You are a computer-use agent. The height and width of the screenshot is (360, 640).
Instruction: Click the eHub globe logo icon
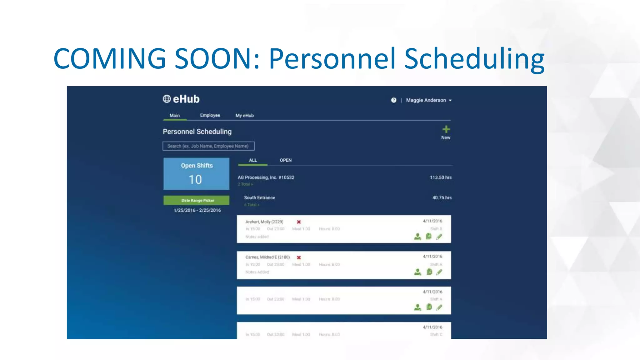[167, 99]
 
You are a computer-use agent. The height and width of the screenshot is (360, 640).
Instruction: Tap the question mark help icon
[394, 100]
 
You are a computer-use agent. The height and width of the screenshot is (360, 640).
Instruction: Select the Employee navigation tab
[210, 115]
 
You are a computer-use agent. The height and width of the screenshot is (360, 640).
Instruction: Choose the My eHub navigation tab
[244, 116]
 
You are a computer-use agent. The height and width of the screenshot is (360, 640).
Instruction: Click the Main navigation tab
[175, 116]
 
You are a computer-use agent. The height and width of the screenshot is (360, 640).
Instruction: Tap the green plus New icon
[446, 129]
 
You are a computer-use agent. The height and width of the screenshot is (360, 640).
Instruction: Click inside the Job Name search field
[208, 146]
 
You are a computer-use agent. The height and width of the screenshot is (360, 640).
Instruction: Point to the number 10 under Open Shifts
[195, 180]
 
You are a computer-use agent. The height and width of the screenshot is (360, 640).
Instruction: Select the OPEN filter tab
[286, 160]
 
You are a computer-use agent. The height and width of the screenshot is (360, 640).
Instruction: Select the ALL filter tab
[253, 160]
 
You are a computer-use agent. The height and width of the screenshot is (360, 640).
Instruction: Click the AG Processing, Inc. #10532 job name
[266, 177]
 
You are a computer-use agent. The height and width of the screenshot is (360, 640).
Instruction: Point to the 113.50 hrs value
[441, 177]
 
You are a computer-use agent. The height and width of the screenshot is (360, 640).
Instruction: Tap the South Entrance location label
[260, 198]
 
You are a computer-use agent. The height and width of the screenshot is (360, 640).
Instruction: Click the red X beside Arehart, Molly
[299, 222]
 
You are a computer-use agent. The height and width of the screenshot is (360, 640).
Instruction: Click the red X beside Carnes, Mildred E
[299, 257]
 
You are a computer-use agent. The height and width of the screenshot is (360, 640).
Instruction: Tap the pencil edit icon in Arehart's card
[439, 237]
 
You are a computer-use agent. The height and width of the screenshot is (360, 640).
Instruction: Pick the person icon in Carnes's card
[417, 272]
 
